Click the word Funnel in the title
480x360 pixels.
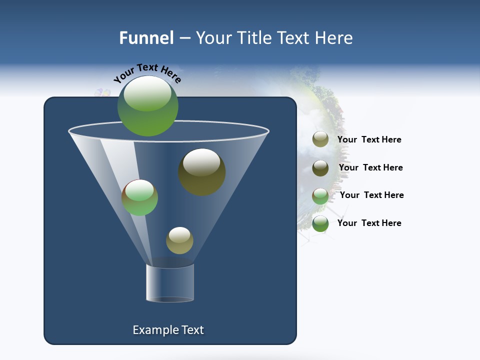pyautogui.click(x=146, y=38)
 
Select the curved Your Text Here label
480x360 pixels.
pyautogui.click(x=147, y=73)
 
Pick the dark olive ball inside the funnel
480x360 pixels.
pyautogui.click(x=201, y=172)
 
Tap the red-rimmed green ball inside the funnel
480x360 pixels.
pyautogui.click(x=139, y=197)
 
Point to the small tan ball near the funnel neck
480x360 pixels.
pyautogui.click(x=179, y=240)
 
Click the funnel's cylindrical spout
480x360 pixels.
pyautogui.click(x=170, y=283)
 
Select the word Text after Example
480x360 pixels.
pyautogui.click(x=191, y=330)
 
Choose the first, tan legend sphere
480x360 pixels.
pyautogui.click(x=320, y=139)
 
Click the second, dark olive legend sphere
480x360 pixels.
pyautogui.click(x=320, y=168)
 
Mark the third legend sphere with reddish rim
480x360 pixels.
pyautogui.click(x=320, y=196)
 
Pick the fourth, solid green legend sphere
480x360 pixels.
pyautogui.click(x=320, y=223)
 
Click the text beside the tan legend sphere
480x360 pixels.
pyautogui.click(x=369, y=139)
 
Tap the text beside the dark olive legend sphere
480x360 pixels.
pyautogui.click(x=370, y=167)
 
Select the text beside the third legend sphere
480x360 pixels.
pyautogui.click(x=371, y=195)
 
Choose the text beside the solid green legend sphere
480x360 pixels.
pyautogui.click(x=369, y=223)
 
